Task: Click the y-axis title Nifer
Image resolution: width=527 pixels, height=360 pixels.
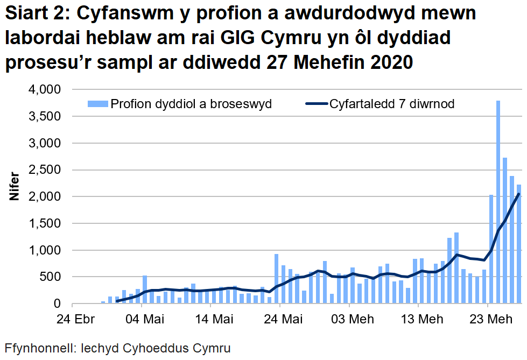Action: (15, 187)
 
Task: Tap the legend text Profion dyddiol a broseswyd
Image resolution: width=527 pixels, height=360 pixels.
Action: (191, 104)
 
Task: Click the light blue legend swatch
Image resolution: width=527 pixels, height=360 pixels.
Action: (97, 104)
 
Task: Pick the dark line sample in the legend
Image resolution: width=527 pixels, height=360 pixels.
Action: (315, 104)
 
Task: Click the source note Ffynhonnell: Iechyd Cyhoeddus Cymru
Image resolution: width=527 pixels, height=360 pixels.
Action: (117, 348)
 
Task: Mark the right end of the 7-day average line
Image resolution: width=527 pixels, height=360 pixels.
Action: (519, 194)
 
